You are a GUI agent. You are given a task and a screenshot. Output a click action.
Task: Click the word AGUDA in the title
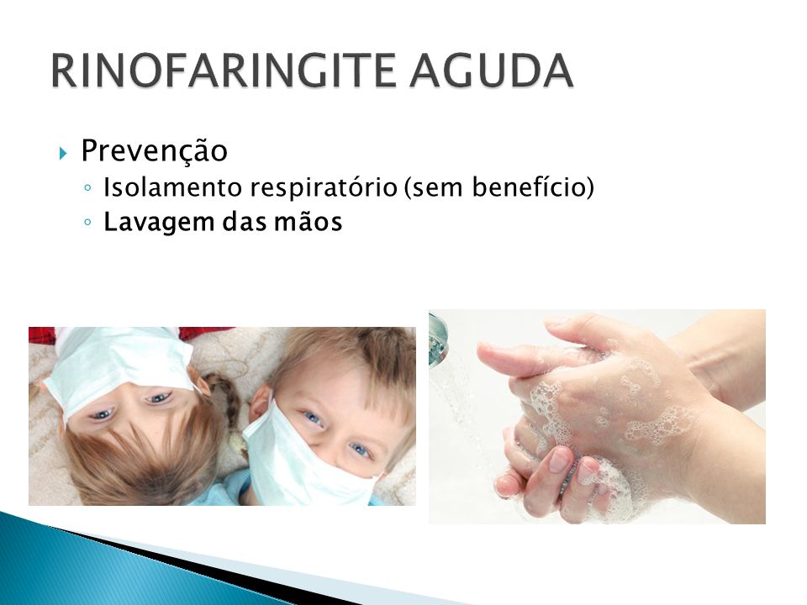[x=492, y=70]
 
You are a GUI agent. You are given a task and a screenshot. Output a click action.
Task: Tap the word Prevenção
[x=155, y=151]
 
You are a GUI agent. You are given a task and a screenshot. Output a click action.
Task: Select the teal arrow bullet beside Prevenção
[x=63, y=153]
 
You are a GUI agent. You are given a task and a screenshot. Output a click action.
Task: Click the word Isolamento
[x=173, y=187]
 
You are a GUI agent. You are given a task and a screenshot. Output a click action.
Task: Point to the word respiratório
[x=324, y=187]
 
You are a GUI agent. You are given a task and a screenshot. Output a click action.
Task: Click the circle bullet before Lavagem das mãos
[x=87, y=222]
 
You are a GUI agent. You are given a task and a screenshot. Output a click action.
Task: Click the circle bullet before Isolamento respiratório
[x=87, y=187]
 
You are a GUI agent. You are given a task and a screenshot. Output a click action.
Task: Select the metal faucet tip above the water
[x=438, y=339]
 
